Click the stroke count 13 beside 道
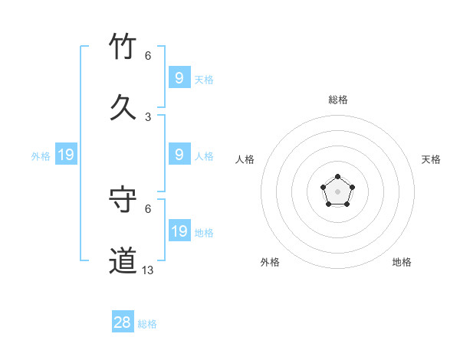pyautogui.click(x=148, y=270)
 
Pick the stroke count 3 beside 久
pyautogui.click(x=148, y=117)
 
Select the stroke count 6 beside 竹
pyautogui.click(x=148, y=56)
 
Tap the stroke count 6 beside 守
pyautogui.click(x=148, y=208)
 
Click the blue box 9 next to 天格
pyautogui.click(x=179, y=78)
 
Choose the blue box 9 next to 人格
pyautogui.click(x=179, y=155)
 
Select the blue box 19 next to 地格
pyautogui.click(x=179, y=231)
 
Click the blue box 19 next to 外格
pyautogui.click(x=65, y=155)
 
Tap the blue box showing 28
pyautogui.click(x=123, y=322)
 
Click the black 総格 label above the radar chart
pyautogui.click(x=338, y=100)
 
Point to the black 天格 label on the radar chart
pyautogui.click(x=432, y=159)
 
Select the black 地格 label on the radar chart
pyautogui.click(x=402, y=262)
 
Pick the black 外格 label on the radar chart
pyautogui.click(x=270, y=262)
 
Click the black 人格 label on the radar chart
pyautogui.click(x=245, y=159)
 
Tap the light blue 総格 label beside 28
pyautogui.click(x=147, y=324)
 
